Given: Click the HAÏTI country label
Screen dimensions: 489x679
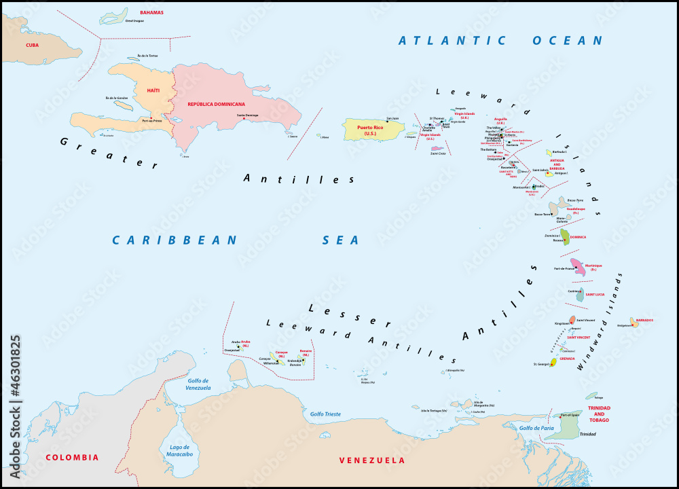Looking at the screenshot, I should [153, 90].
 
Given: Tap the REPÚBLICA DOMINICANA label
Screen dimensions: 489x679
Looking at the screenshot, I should [217, 104].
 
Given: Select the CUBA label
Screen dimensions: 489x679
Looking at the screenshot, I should [32, 46].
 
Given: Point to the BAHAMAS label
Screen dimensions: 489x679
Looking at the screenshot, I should [151, 13].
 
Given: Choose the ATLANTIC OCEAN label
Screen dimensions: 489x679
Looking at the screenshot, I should [500, 41].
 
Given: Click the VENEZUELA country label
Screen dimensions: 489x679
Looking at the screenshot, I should [371, 460].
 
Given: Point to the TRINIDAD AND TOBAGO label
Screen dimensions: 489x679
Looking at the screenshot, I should [598, 414].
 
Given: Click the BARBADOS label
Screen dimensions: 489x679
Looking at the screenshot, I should [645, 320].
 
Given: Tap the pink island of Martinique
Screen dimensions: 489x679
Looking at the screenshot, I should [579, 266].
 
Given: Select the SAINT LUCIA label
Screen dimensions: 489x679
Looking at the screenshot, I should [595, 294].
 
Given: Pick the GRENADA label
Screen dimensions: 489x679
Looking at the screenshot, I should [567, 359].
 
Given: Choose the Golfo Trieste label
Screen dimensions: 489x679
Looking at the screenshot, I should [325, 414].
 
